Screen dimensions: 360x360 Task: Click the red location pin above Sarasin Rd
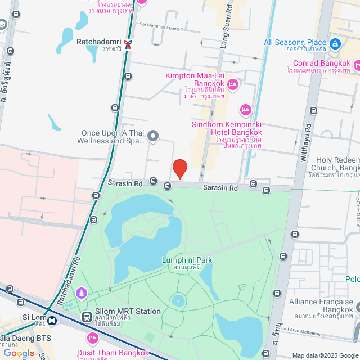point(179,168)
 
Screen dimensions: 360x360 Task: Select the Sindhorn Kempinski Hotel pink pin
point(245,109)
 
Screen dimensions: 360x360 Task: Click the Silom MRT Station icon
point(87,316)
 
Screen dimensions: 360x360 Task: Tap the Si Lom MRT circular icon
point(52,321)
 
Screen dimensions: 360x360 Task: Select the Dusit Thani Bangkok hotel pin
point(93,339)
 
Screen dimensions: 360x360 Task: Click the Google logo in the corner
point(19,353)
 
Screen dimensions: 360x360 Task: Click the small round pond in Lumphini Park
point(179,300)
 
